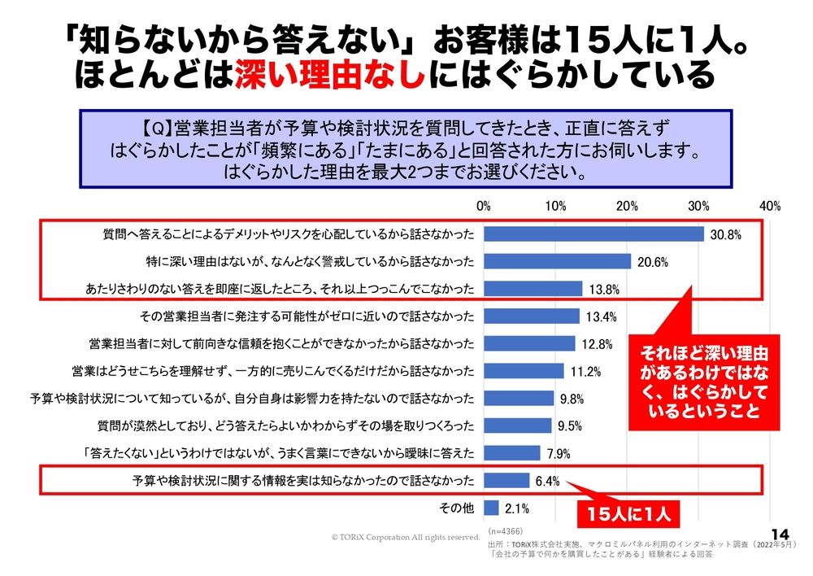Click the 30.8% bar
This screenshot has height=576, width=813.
pos(593,233)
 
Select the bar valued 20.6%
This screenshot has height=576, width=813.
pos(557,261)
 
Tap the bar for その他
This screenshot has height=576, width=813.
pos(491,508)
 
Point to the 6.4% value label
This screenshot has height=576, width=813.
pos(547,481)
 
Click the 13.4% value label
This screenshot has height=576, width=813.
pos(598,316)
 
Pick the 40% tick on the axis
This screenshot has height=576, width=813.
pos(770,206)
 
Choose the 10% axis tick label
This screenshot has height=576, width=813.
pos(555,206)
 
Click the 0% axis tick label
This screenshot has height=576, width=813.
pos(484,206)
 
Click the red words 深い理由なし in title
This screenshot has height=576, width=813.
pos(330,77)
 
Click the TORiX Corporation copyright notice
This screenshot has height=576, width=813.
pos(406,537)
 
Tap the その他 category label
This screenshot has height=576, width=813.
pos(457,509)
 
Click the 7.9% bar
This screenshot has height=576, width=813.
pos(511,453)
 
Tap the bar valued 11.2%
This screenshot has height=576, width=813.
pos(524,371)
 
